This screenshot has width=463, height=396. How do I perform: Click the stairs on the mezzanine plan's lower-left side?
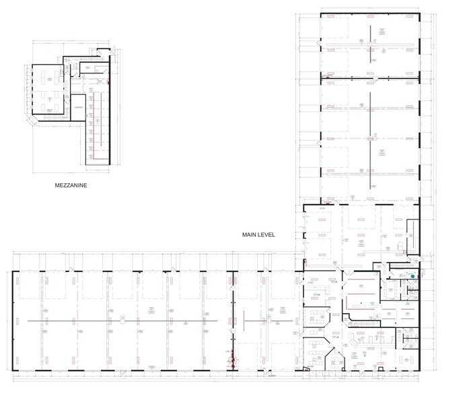click(x=50, y=119)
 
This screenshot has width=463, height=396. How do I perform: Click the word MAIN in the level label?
click(x=251, y=235)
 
